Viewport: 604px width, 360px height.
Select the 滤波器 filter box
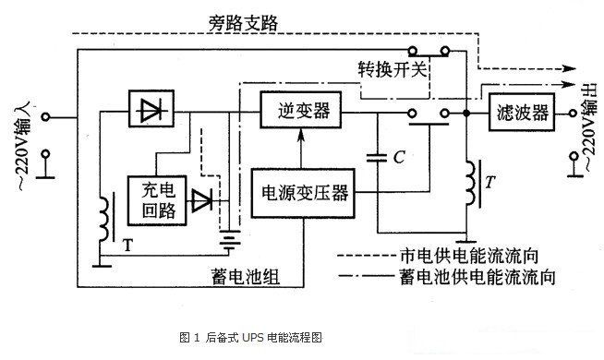point(519,113)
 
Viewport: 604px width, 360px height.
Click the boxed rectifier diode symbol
point(148,113)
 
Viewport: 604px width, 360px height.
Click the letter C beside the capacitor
point(399,158)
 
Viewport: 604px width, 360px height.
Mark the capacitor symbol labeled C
point(378,157)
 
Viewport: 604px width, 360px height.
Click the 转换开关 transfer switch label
point(392,70)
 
